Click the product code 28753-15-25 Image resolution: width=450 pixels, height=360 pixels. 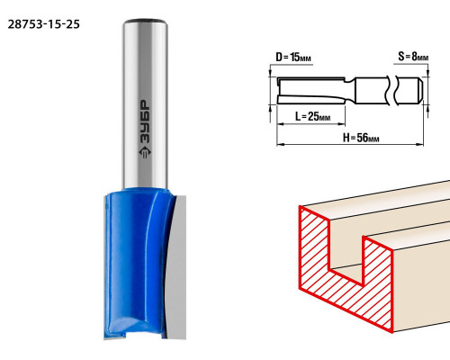[x=44, y=24]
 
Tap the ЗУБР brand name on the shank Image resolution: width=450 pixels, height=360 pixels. [x=145, y=121]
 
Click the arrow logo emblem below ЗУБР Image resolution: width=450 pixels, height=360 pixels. [x=145, y=152]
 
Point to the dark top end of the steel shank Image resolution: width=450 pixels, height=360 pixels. [x=145, y=21]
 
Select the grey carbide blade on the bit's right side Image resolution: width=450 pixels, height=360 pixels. [x=177, y=267]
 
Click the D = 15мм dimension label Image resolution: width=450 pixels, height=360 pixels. [x=293, y=57]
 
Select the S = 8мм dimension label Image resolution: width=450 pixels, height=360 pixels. [x=413, y=56]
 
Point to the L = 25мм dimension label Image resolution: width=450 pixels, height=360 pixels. [x=312, y=116]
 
